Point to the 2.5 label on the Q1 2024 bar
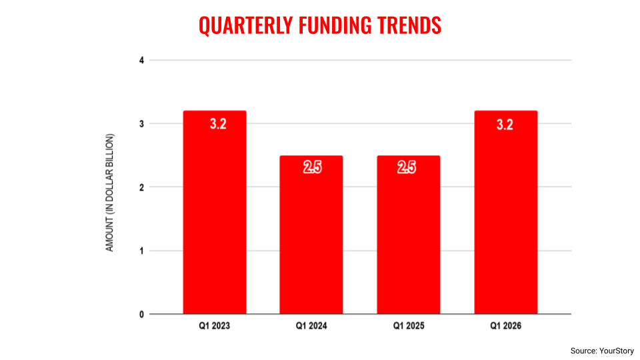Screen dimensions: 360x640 click(312, 168)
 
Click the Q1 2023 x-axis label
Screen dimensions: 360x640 click(215, 327)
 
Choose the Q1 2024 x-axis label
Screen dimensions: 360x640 click(311, 327)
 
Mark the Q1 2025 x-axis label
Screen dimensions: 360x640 click(408, 327)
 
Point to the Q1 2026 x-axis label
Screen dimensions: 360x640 click(505, 327)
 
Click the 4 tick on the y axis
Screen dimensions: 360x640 click(141, 60)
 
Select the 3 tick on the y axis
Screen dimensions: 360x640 click(141, 123)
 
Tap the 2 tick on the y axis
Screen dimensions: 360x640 click(141, 187)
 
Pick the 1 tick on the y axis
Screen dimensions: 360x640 click(141, 251)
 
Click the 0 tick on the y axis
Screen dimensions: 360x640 click(141, 314)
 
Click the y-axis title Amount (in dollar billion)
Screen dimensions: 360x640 click(111, 193)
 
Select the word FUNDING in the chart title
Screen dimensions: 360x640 click(337, 25)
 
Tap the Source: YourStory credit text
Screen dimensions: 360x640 click(602, 351)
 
